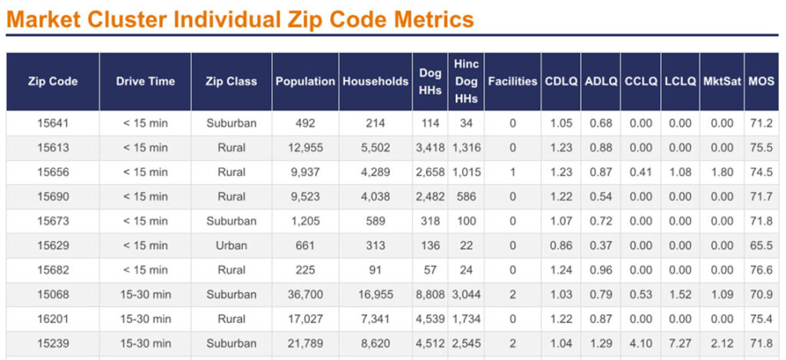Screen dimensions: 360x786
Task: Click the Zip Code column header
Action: pyautogui.click(x=53, y=81)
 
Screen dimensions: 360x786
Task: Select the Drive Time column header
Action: pyautogui.click(x=145, y=81)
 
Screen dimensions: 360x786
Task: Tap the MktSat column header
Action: pyautogui.click(x=722, y=81)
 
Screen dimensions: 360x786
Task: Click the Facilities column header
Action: pyautogui.click(x=513, y=81)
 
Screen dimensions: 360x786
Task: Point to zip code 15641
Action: pyautogui.click(x=53, y=123)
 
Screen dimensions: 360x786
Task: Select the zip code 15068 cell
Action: pyautogui.click(x=53, y=295)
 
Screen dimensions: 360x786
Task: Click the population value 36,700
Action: pyautogui.click(x=305, y=295)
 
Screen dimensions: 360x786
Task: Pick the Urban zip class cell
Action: pyautogui.click(x=231, y=246)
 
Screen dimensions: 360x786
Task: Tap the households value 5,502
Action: pyautogui.click(x=375, y=147)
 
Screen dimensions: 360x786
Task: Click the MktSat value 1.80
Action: pyautogui.click(x=722, y=172)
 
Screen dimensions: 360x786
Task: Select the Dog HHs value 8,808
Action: pyautogui.click(x=430, y=295)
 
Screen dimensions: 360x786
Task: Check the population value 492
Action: pyautogui.click(x=305, y=123)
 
